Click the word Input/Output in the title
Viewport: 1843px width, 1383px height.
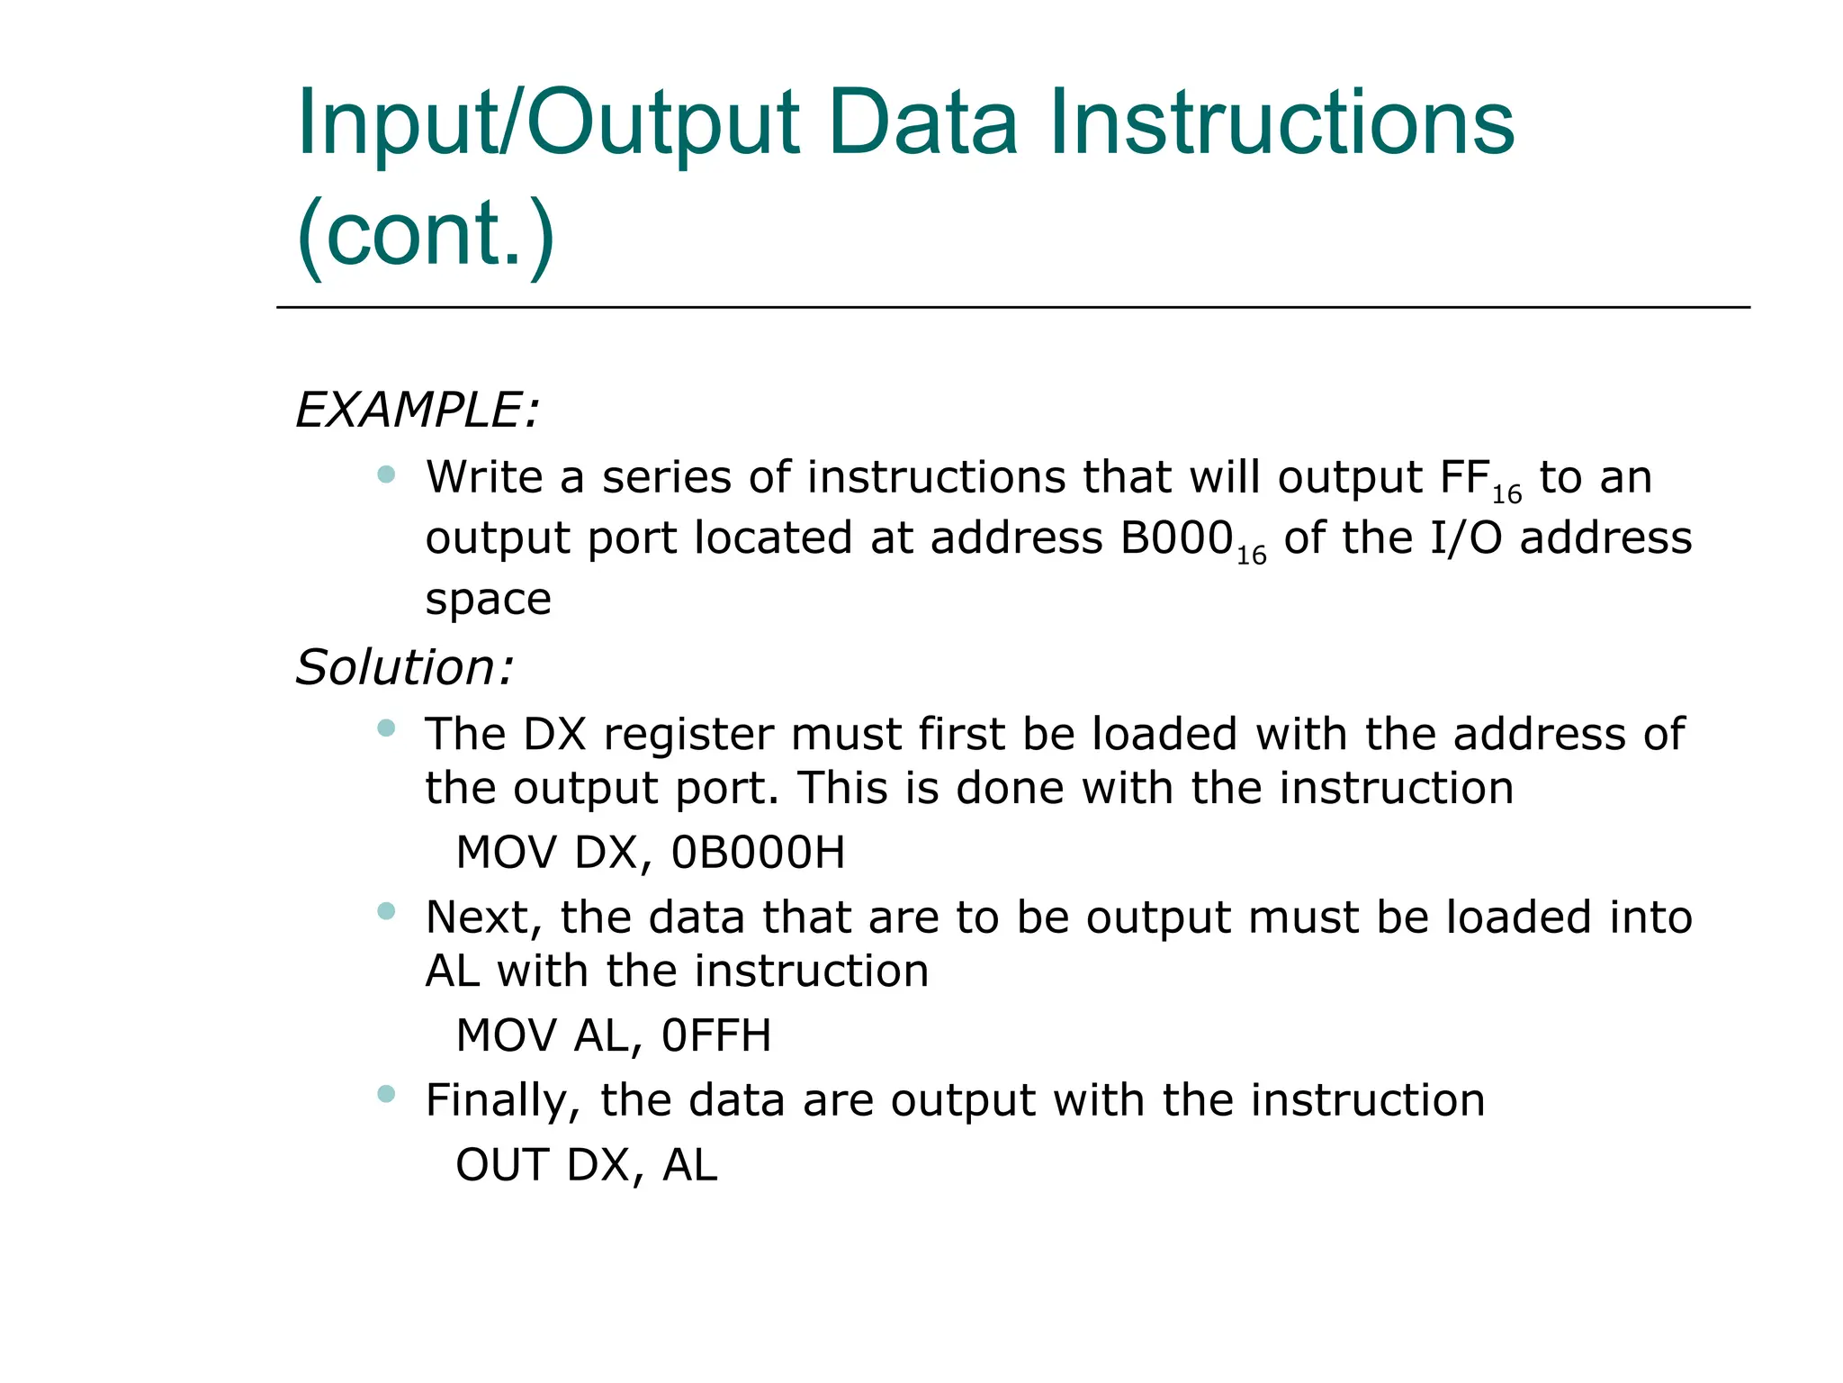click(x=548, y=123)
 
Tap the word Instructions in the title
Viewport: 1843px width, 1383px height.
click(x=1281, y=123)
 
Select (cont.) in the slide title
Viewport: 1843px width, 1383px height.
click(x=426, y=234)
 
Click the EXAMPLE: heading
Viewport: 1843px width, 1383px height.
click(x=418, y=411)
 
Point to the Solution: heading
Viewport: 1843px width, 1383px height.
click(x=405, y=668)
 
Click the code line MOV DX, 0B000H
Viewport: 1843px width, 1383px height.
click(x=651, y=853)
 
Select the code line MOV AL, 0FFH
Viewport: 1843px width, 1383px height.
click(x=614, y=1035)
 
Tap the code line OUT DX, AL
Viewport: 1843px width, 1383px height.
click(x=587, y=1165)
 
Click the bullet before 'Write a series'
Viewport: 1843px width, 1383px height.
click(x=387, y=475)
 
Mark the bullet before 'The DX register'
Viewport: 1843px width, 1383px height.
click(x=387, y=728)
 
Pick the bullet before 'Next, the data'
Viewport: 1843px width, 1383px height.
click(x=387, y=911)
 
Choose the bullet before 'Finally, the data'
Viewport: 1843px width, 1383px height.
click(x=387, y=1094)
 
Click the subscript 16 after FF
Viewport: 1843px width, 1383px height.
click(x=1506, y=494)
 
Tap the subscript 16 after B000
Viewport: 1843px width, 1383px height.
click(x=1251, y=556)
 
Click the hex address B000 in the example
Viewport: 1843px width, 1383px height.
click(x=1176, y=538)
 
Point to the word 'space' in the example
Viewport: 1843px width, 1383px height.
click(x=488, y=600)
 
